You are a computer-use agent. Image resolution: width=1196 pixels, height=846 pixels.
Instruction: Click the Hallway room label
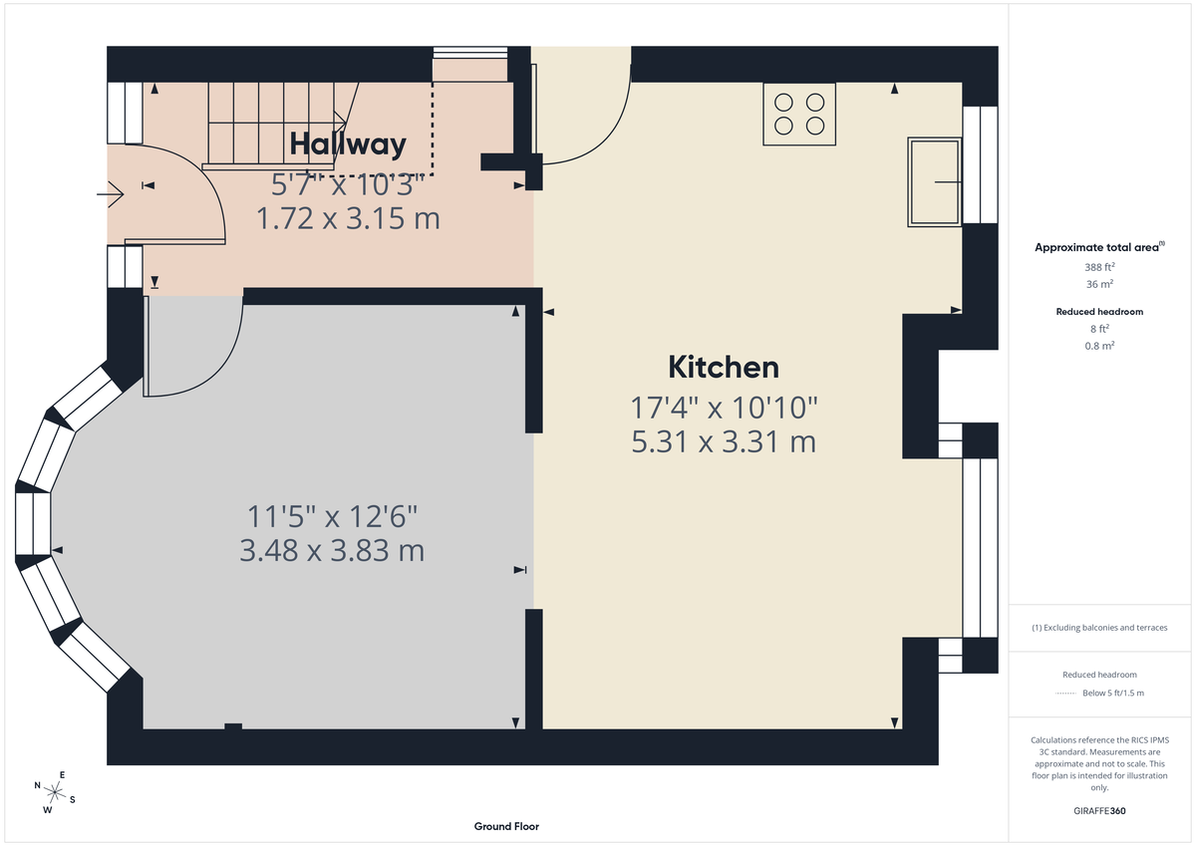348,144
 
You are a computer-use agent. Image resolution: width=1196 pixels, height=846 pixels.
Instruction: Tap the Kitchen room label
723,367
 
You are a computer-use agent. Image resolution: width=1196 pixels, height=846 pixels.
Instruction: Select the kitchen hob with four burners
799,114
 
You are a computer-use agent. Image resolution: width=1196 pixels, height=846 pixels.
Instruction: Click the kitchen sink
934,182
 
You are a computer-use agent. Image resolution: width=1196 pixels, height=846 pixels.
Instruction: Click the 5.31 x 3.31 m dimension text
724,440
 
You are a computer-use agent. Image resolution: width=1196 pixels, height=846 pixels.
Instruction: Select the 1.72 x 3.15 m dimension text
348,218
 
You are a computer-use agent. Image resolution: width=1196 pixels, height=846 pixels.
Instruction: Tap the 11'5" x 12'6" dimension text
332,516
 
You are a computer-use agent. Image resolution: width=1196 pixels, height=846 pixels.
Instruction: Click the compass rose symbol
55,793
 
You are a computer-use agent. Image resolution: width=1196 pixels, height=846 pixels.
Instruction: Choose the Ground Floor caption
506,826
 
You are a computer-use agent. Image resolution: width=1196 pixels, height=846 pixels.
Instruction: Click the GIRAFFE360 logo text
1099,811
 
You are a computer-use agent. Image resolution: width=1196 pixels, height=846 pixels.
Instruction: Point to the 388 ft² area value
1099,267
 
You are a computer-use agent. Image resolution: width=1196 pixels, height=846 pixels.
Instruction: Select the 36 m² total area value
1099,284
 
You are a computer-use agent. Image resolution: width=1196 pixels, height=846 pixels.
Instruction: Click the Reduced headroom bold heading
1099,312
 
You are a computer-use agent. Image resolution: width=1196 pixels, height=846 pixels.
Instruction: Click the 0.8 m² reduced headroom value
1099,346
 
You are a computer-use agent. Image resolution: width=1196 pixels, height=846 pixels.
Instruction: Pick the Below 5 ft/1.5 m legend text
1112,693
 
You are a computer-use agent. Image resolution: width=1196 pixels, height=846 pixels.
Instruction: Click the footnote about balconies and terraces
1099,628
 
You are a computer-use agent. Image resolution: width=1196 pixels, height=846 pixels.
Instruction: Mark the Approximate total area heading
1098,247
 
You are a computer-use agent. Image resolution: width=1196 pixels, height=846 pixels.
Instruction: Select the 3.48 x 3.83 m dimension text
332,550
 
